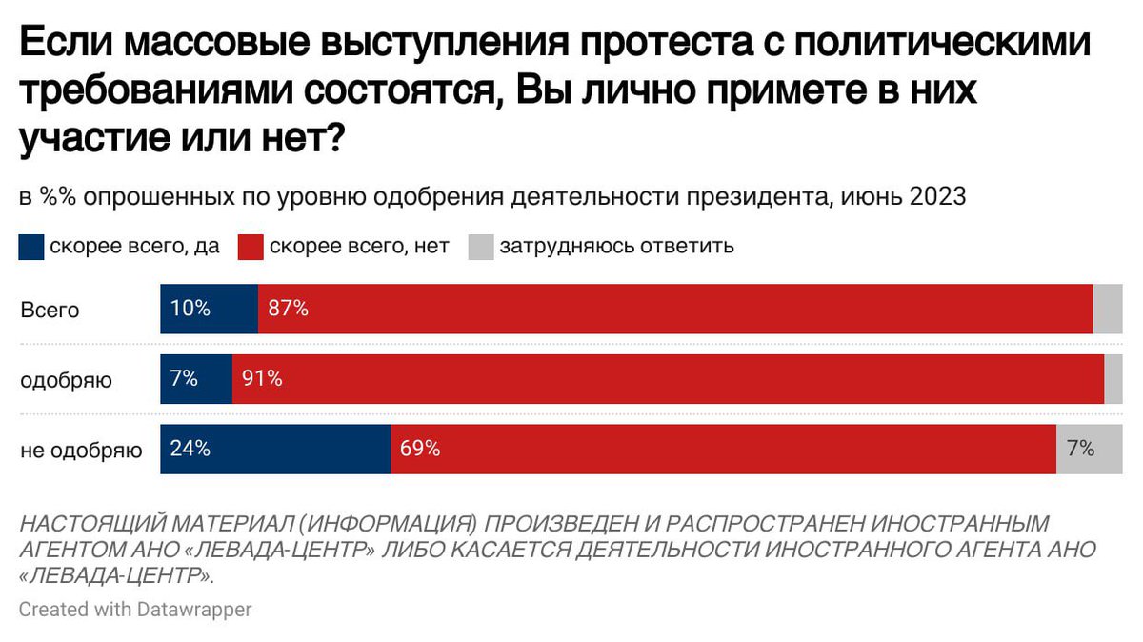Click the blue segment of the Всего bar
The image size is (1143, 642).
[209, 309]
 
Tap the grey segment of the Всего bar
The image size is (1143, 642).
[1108, 309]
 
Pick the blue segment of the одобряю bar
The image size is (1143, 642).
[196, 379]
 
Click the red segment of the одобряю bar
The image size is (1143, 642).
[667, 379]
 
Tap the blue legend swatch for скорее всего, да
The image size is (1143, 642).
[30, 247]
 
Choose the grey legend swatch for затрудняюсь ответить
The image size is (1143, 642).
[481, 247]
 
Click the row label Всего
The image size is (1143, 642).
[50, 310]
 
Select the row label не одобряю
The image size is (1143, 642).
[82, 451]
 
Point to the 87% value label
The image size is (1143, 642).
[288, 309]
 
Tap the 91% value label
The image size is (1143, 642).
[262, 379]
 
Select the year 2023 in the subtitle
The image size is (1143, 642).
[937, 197]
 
